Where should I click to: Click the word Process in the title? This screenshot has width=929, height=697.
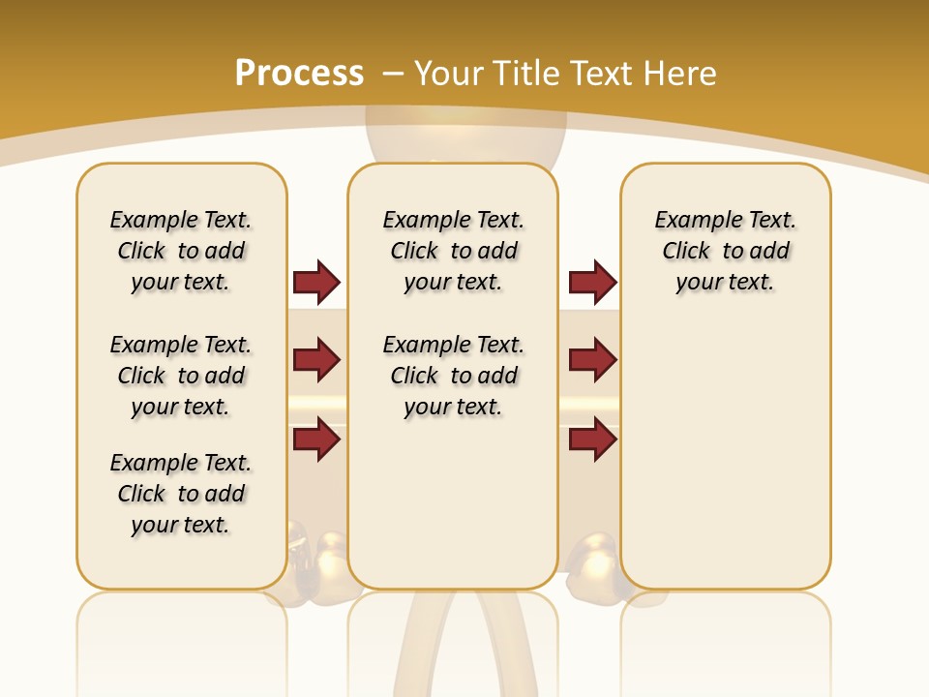point(299,74)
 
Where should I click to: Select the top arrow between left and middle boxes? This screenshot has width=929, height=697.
point(316,282)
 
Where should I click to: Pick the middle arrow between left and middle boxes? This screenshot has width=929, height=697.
point(316,360)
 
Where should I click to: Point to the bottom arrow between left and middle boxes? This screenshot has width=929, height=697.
point(316,439)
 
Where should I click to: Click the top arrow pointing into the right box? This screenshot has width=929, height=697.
point(592,282)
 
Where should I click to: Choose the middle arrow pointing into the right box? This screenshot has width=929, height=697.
point(592,360)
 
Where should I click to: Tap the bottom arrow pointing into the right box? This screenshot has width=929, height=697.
point(592,439)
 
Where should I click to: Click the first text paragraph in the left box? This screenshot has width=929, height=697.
point(181,251)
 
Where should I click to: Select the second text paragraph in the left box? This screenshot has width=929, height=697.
point(181,376)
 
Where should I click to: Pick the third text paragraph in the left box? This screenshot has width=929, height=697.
point(181,494)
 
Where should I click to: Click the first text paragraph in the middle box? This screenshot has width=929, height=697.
point(453,251)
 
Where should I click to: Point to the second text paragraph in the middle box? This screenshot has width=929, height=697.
point(453,376)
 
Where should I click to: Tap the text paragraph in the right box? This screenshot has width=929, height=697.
point(725,251)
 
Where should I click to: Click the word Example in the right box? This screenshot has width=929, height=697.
point(693,221)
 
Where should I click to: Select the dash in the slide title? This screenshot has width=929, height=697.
point(393,74)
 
